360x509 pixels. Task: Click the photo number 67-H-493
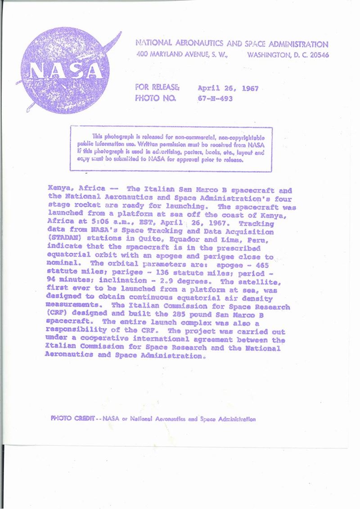[x=215, y=99]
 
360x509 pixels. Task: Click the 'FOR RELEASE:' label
[x=157, y=87]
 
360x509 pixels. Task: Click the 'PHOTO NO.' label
[x=155, y=99]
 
